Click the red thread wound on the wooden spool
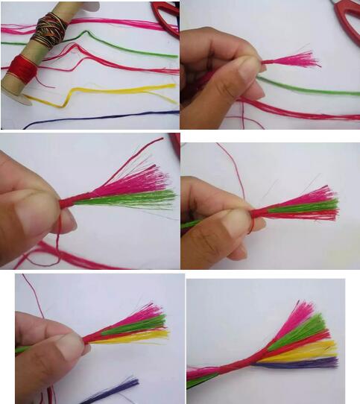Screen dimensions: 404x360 click(x=22, y=69)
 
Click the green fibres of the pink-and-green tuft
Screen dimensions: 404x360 click(x=142, y=198)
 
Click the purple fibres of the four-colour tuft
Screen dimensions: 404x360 click(x=306, y=363)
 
